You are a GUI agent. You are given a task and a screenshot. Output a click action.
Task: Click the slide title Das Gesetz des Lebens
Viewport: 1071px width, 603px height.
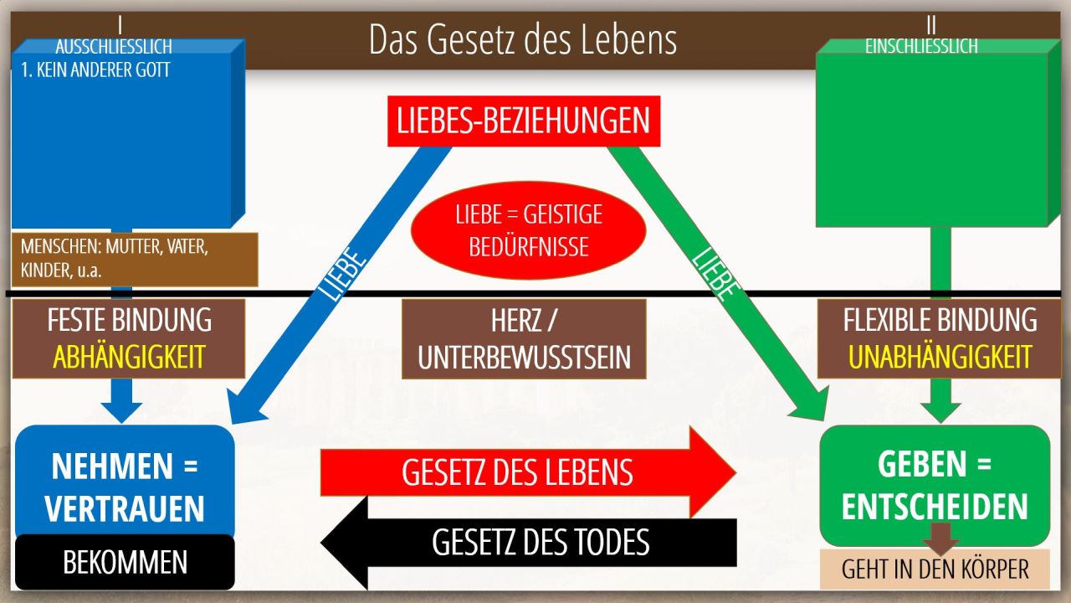523,39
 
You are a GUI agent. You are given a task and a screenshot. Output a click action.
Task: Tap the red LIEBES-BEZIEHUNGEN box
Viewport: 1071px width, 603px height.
524,121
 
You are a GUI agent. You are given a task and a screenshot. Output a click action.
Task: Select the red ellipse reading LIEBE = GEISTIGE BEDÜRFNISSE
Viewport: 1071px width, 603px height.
528,230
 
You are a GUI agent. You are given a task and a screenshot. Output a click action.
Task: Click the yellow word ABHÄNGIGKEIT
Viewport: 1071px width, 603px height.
129,357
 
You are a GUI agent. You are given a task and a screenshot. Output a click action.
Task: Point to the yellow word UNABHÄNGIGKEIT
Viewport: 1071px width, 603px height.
940,357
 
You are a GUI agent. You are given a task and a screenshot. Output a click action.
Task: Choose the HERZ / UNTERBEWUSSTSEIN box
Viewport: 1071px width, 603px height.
524,339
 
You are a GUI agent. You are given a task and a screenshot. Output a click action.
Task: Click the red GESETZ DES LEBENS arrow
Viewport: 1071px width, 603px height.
528,472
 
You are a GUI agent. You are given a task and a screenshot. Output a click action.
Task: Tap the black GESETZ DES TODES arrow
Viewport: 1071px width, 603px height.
528,543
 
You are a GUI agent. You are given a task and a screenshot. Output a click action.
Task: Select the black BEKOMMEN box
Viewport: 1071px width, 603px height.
125,562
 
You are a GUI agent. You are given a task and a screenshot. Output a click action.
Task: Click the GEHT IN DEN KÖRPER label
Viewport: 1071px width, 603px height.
935,569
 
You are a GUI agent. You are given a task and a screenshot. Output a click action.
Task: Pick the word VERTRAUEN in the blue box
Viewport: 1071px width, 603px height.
125,508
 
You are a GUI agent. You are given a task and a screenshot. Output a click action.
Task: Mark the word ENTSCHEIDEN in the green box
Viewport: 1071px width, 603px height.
935,507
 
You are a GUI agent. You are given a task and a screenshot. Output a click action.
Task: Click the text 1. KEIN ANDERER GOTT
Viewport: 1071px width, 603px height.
95,70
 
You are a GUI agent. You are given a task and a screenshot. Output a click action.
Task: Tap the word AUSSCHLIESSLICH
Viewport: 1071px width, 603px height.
114,47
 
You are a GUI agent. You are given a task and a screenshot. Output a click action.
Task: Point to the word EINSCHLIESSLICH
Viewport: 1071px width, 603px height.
921,46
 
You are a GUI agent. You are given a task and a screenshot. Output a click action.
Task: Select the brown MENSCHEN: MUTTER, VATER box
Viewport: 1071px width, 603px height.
135,260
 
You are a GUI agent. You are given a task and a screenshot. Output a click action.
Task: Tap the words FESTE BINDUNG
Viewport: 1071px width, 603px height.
129,320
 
